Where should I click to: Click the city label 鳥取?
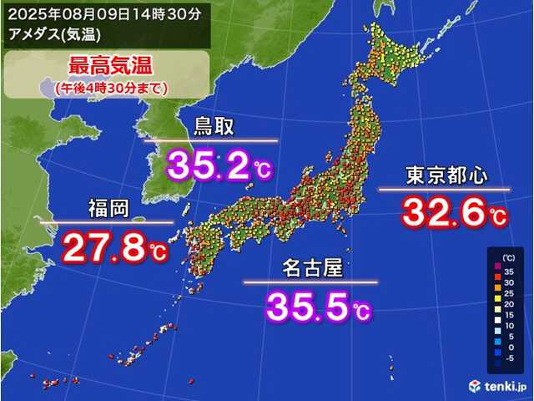coord(214,127)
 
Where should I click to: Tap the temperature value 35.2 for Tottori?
coord(209,164)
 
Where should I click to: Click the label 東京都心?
coord(446,175)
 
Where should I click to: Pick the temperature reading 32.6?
coord(443,212)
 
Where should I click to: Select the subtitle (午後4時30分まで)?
coord(107,86)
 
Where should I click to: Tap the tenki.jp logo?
coord(498,386)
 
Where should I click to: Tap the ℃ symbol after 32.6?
coord(497,219)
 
